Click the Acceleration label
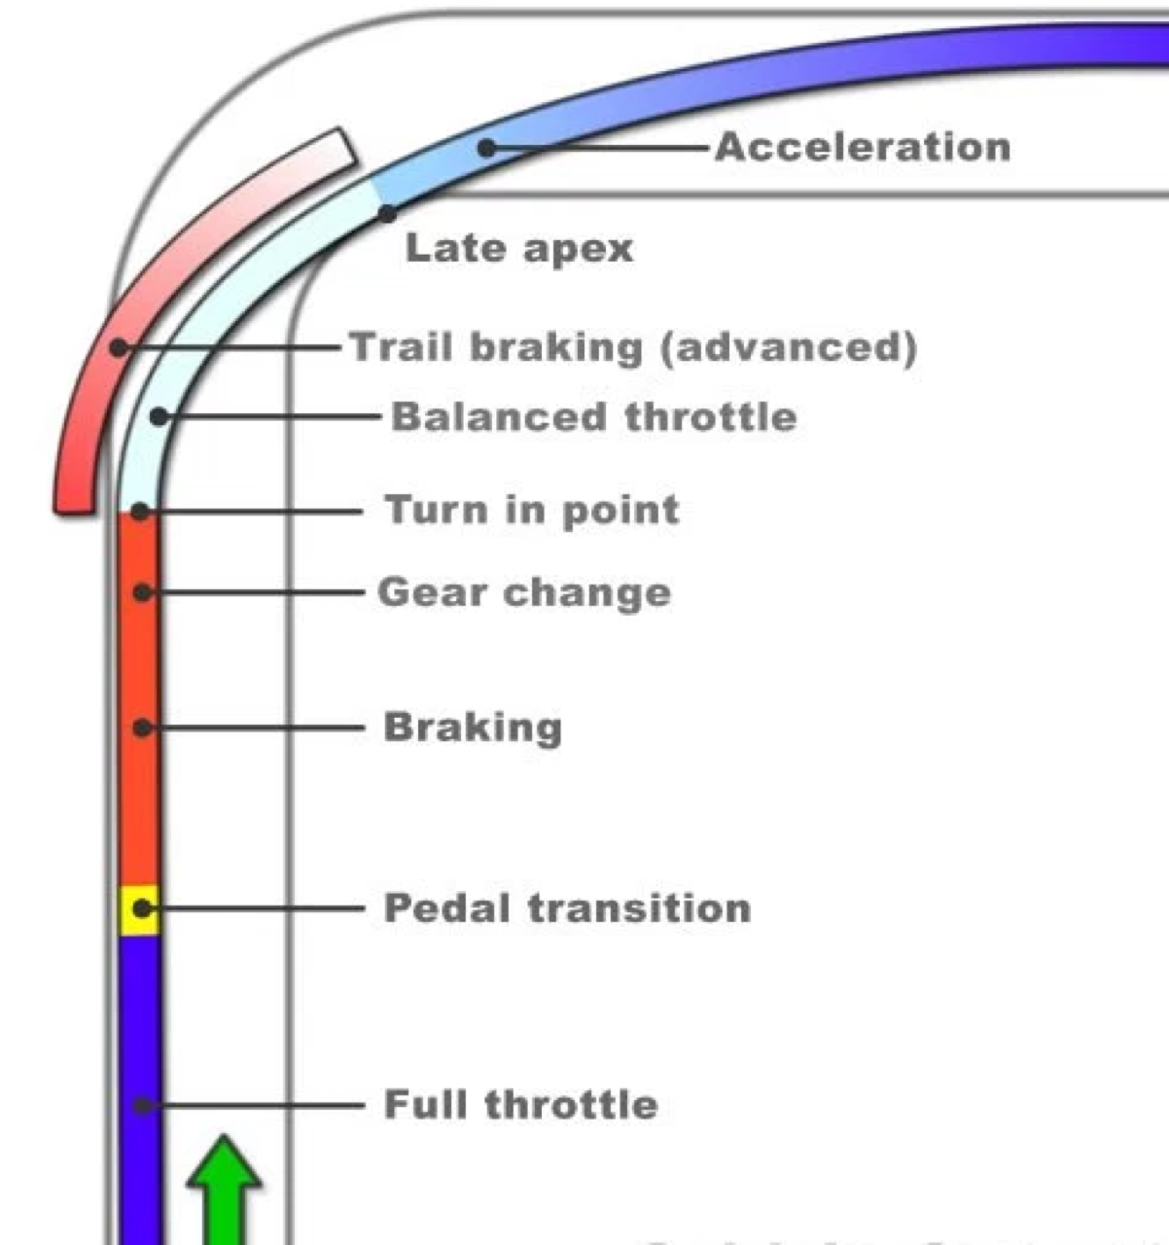pos(863,148)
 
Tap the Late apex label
pos(518,248)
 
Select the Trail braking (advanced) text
pos(632,347)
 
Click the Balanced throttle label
pos(593,417)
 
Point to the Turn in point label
pos(532,510)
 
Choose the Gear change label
pos(524,592)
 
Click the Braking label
pos(473,727)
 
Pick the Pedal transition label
pos(567,908)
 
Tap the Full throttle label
pos(520,1105)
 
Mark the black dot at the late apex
pos(388,213)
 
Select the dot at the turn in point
pos(141,511)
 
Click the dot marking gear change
pos(143,591)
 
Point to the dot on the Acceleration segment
pos(487,148)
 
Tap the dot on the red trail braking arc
pos(118,346)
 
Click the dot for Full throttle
pos(142,1105)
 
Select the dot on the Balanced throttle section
pos(159,417)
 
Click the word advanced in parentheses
pos(788,347)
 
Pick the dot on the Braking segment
pos(143,727)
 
